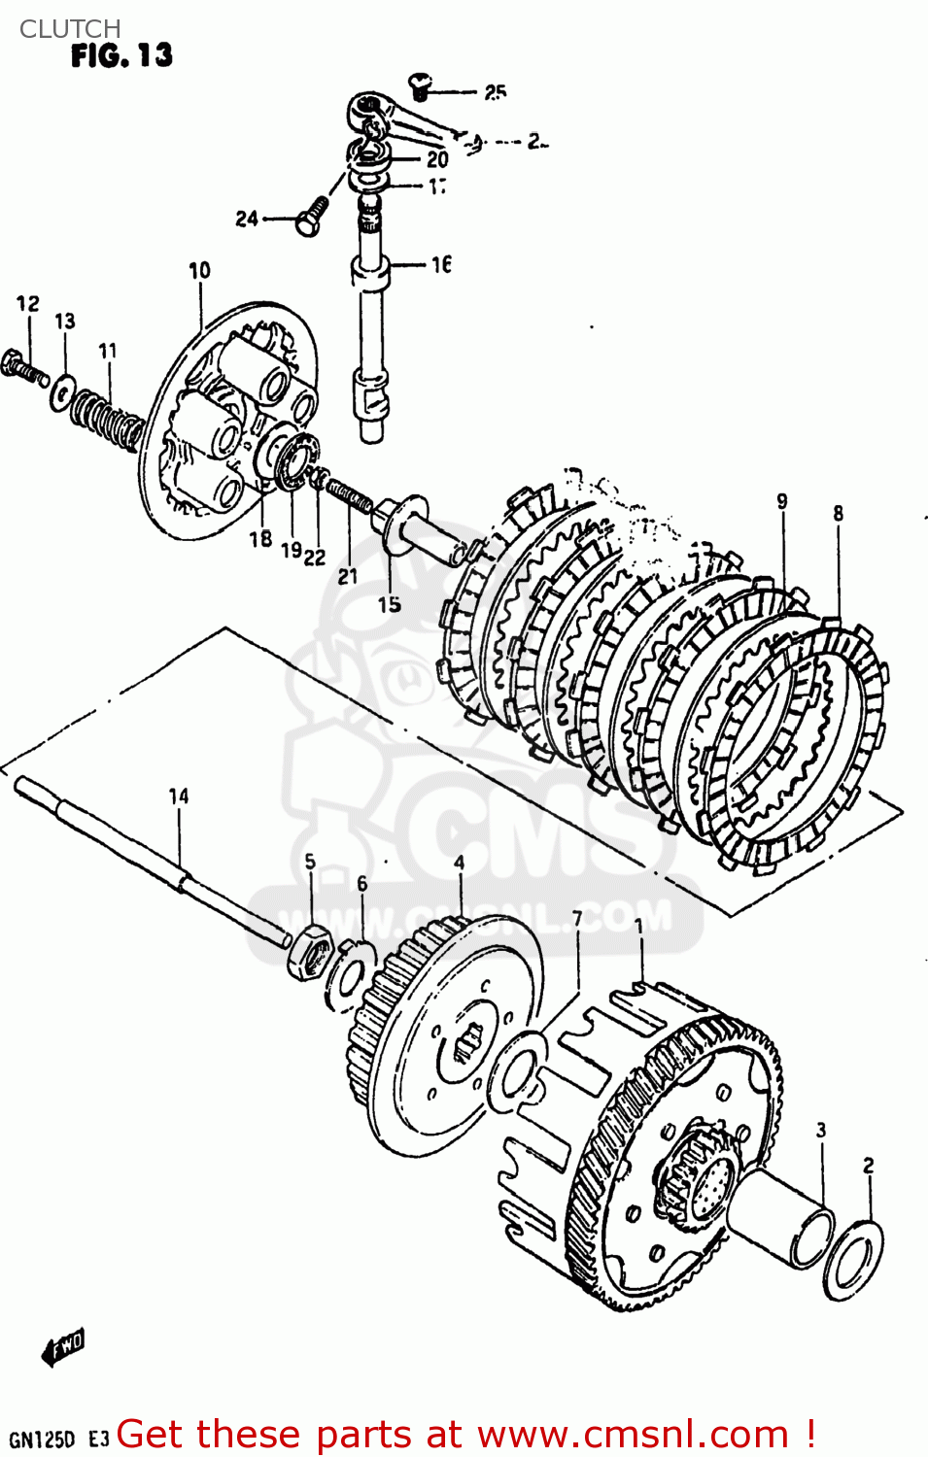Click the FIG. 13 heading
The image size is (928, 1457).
121,56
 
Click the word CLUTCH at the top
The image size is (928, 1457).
70,29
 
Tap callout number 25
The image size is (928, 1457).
495,92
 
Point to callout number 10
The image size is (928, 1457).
199,271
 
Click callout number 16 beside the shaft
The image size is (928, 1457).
441,264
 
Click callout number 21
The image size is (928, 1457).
348,576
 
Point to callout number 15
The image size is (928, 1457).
390,604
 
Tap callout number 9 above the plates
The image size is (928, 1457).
782,502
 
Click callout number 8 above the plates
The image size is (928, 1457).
838,514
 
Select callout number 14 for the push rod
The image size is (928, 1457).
179,796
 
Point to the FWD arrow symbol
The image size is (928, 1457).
63,1347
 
